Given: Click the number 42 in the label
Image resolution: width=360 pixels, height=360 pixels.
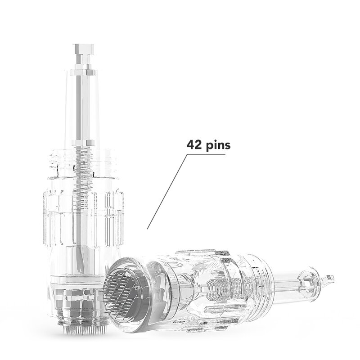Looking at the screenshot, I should [x=194, y=145].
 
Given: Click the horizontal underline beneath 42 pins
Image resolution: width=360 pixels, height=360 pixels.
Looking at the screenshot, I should [x=206, y=155].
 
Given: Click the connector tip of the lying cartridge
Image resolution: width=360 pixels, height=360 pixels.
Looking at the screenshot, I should [x=331, y=278].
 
